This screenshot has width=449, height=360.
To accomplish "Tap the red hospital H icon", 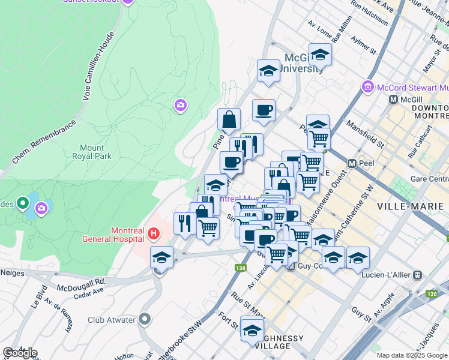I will pyautogui.click(x=154, y=233).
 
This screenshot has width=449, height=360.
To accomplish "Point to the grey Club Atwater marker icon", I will pyautogui.click(x=145, y=319).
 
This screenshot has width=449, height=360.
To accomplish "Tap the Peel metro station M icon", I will pyautogui.click(x=352, y=163).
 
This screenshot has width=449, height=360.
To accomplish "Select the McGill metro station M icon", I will pyautogui.click(x=394, y=99).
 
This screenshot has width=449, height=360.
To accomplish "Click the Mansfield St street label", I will pyautogui.click(x=365, y=133).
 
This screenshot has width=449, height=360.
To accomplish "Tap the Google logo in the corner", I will pyautogui.click(x=20, y=353).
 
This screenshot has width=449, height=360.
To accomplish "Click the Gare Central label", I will pyautogui.click(x=429, y=179).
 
